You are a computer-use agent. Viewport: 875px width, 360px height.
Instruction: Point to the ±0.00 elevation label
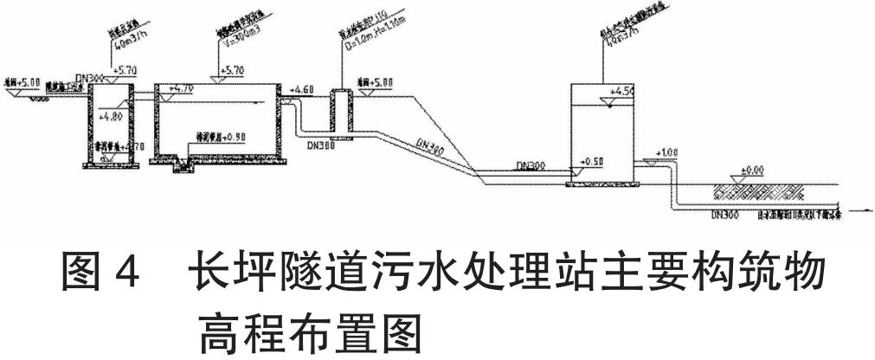click(x=755, y=170)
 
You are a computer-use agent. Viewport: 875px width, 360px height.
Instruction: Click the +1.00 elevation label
click(x=666, y=153)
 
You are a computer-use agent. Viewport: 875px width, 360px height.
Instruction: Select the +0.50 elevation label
click(x=592, y=162)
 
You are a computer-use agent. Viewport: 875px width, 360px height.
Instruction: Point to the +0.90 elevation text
click(x=230, y=137)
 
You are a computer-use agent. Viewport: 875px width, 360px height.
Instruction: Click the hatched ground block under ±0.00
click(x=754, y=191)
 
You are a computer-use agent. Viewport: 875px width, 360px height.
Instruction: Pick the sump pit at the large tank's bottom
click(x=183, y=163)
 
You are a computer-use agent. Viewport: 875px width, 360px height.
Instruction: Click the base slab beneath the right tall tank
click(x=602, y=183)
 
